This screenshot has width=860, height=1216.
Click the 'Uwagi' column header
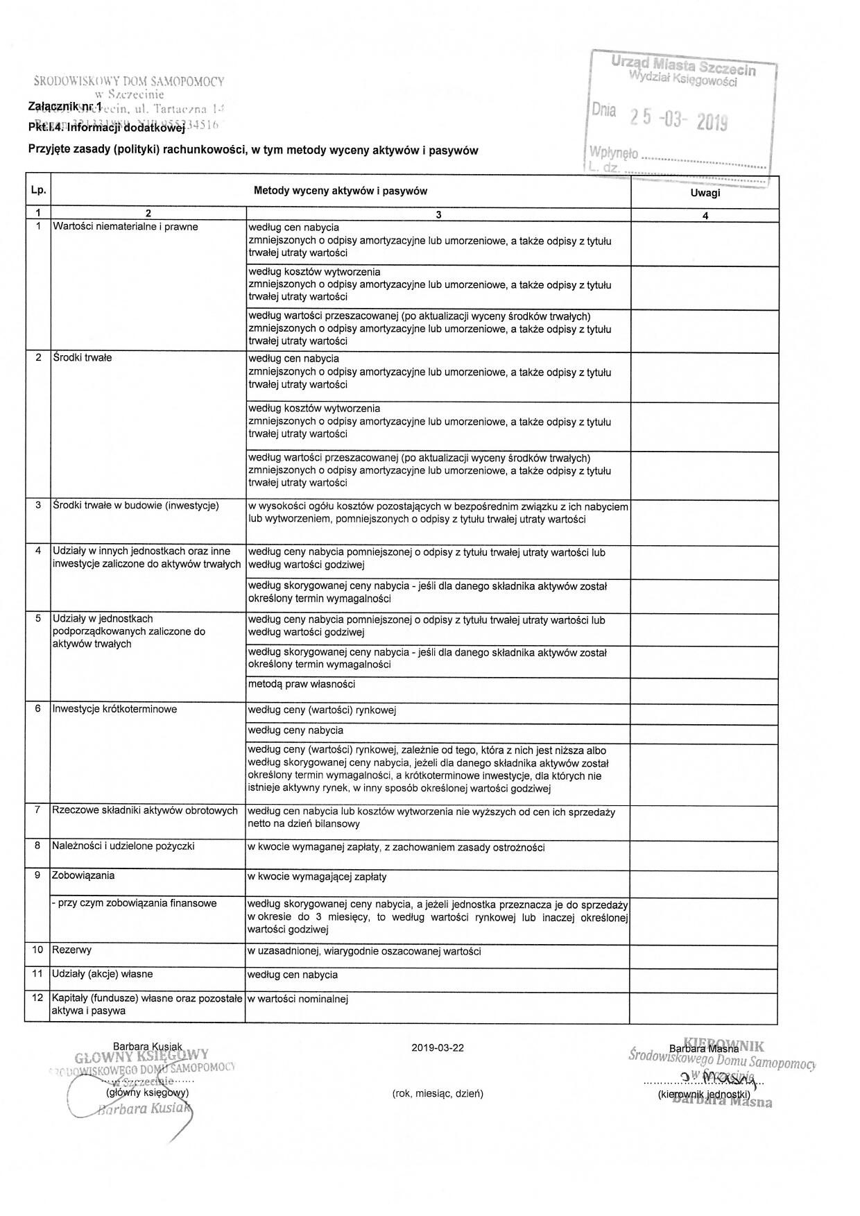click(705, 193)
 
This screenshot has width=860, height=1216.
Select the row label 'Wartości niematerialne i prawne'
click(125, 227)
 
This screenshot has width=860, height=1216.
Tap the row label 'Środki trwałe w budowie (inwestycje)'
click(135, 506)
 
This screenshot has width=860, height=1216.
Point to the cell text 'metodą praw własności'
click(302, 685)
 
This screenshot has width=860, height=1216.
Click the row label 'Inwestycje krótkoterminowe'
click(114, 710)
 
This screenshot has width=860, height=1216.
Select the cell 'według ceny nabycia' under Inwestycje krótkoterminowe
click(295, 730)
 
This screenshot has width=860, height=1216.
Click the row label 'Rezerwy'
click(71, 950)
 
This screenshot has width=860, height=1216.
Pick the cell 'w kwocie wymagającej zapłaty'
click(317, 877)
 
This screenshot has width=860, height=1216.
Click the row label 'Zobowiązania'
click(83, 875)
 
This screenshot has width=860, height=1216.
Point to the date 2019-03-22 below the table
click(437, 1048)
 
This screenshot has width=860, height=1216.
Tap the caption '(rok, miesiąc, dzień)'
click(438, 1094)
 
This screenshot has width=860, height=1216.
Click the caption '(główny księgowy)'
click(146, 1093)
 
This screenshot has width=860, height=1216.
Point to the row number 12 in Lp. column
click(37, 999)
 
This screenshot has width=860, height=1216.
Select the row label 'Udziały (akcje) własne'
click(102, 975)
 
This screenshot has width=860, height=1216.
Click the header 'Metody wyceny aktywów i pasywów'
click(341, 191)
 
